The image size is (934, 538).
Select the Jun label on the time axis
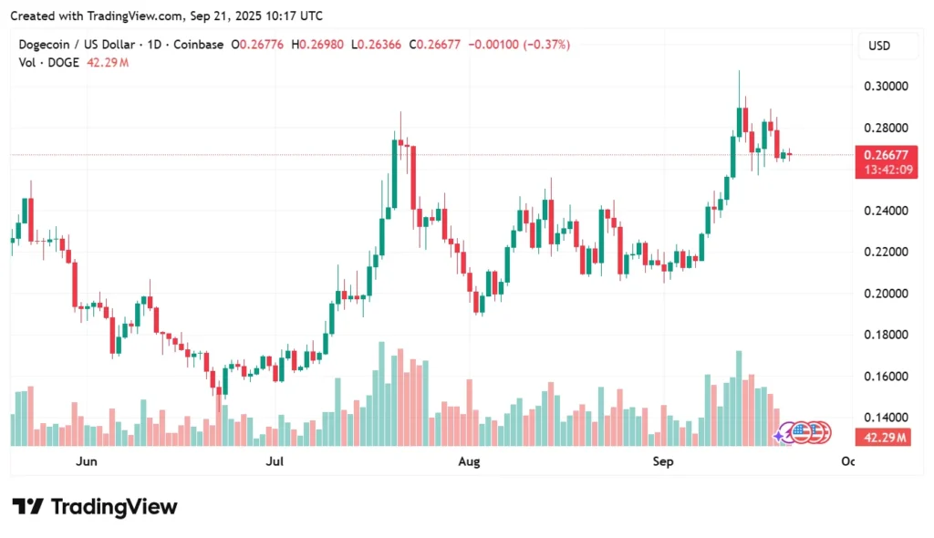(x=87, y=462)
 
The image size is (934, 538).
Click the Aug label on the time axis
(x=469, y=462)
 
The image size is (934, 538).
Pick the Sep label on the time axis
(x=663, y=462)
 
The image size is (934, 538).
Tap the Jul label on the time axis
(x=274, y=462)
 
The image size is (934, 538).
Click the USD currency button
(x=879, y=46)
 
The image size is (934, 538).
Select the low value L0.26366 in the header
(x=379, y=45)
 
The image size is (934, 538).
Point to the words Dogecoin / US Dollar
(x=78, y=45)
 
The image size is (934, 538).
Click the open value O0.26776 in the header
(x=259, y=45)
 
